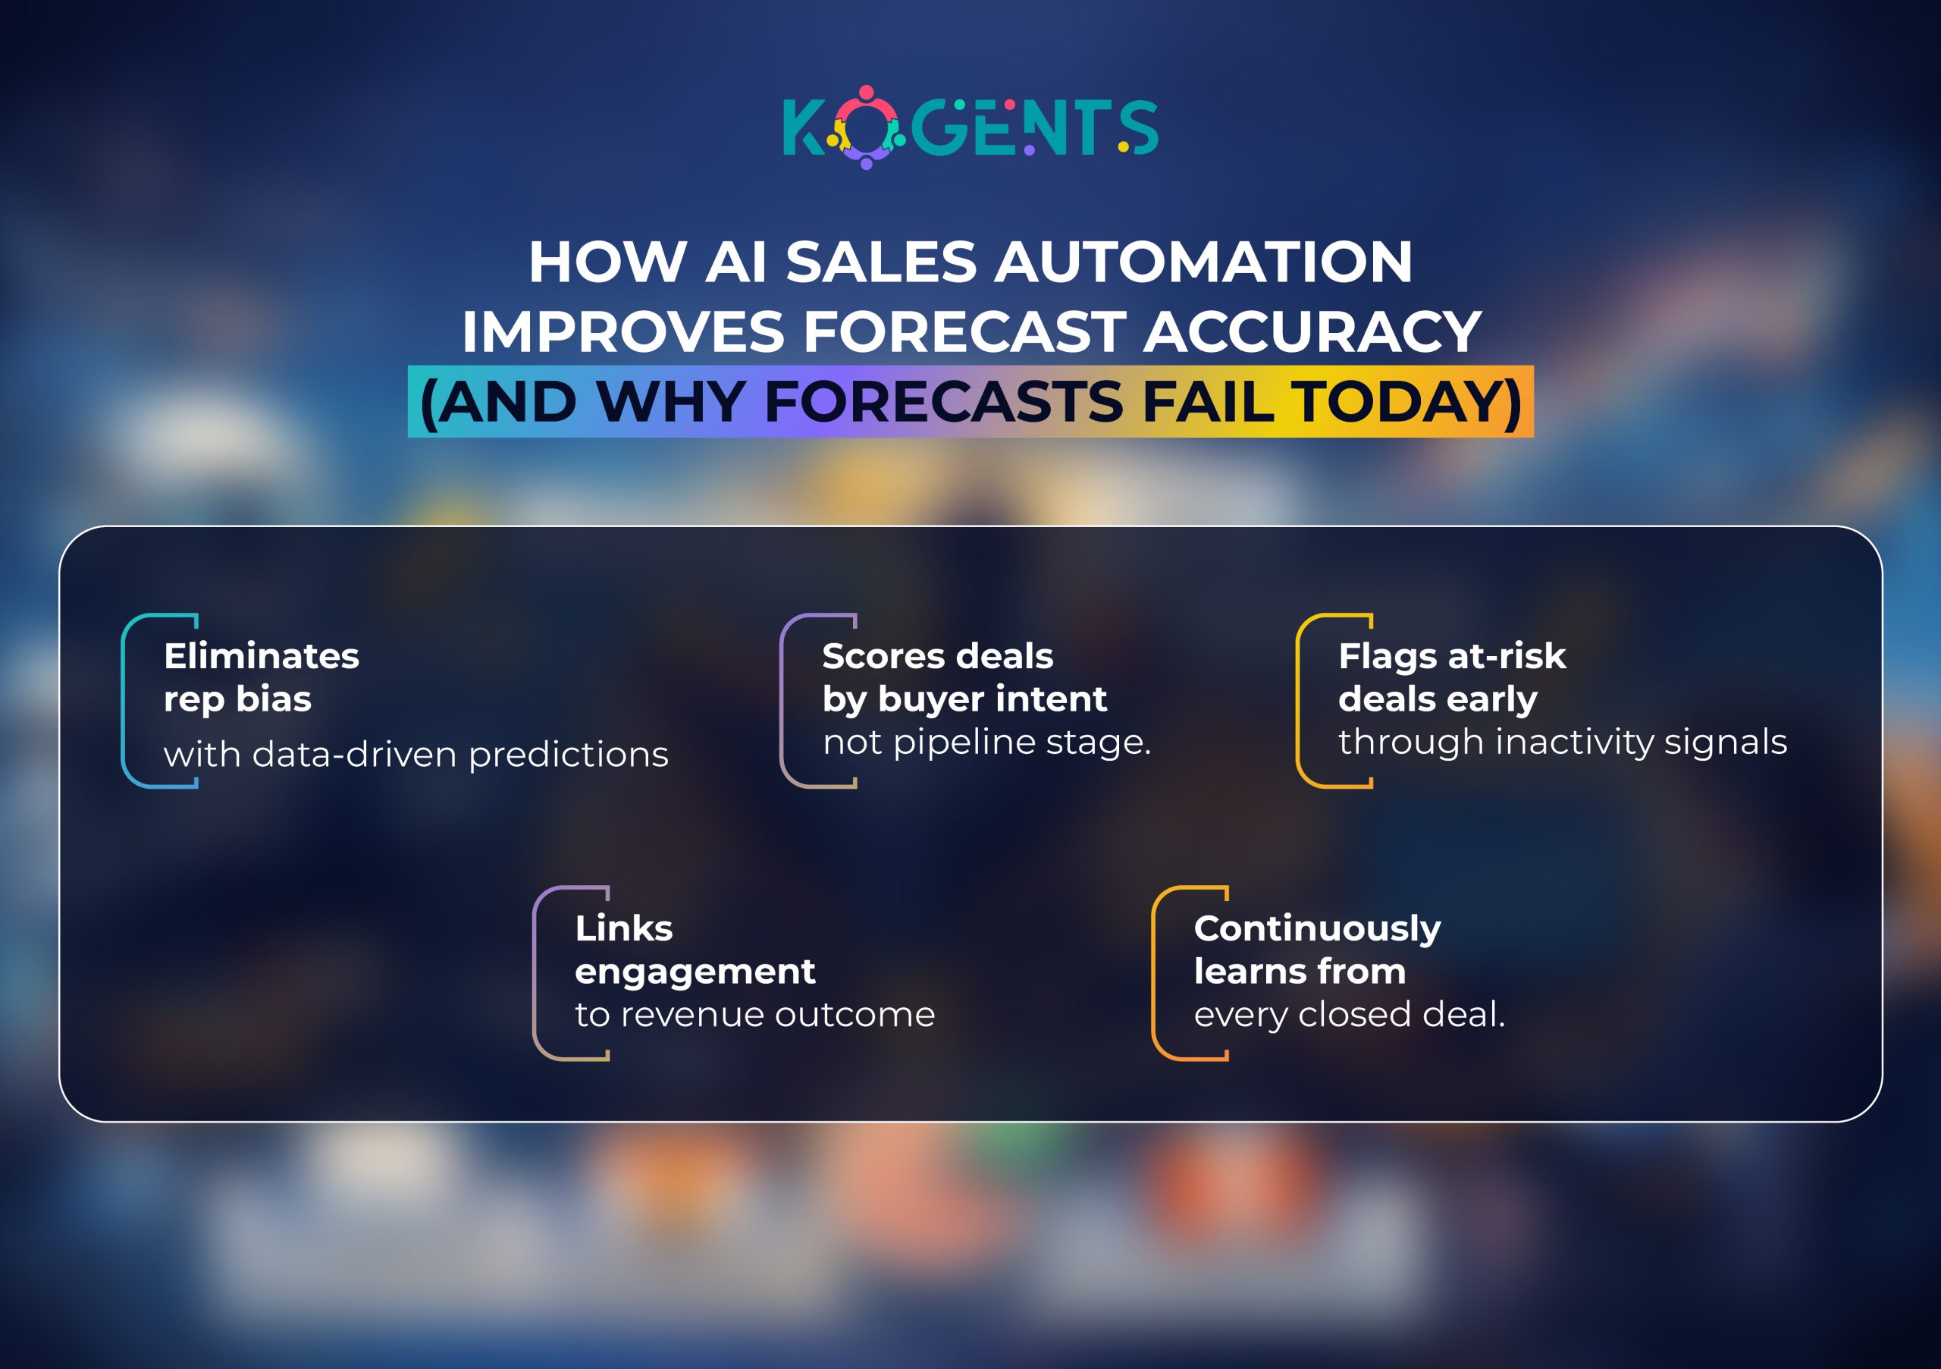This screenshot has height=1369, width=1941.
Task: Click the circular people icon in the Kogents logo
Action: coord(866,127)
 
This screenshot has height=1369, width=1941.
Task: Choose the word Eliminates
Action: coord(262,656)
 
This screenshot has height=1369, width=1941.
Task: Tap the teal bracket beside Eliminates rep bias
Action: coord(125,701)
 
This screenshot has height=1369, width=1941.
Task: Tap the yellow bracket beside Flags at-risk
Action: coord(1300,701)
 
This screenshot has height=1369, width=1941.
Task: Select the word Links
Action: coord(624,928)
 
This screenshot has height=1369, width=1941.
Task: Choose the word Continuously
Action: coord(1317,929)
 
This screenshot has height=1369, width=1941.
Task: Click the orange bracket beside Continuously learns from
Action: coord(1156,973)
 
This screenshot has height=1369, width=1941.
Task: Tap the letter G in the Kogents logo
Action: coord(939,128)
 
